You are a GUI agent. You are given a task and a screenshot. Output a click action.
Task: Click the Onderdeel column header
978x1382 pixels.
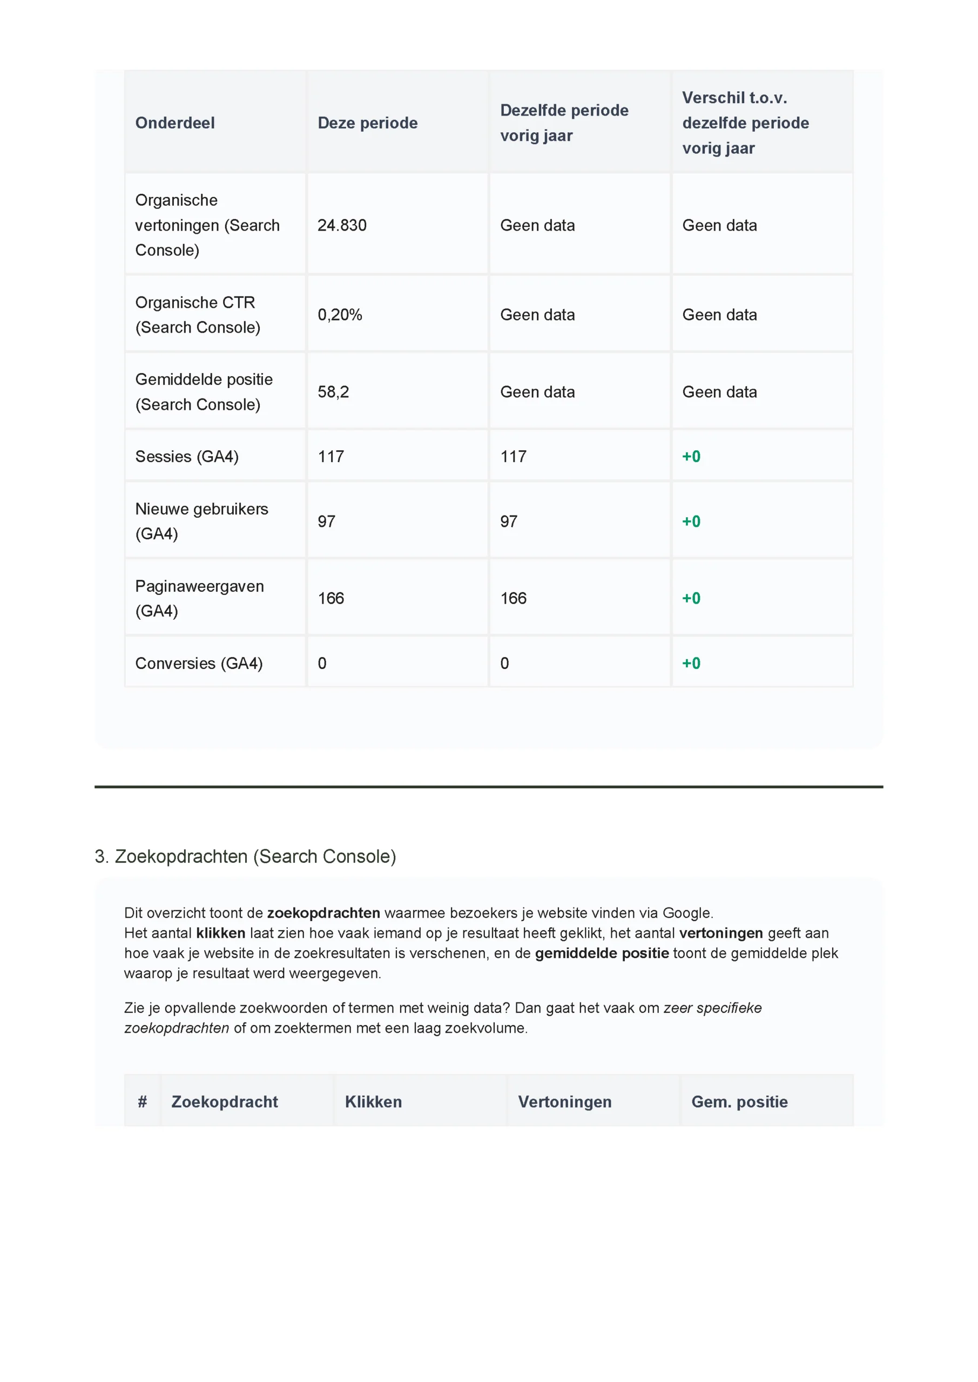pos(174,123)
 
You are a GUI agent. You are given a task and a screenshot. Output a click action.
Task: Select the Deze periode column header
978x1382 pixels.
pos(367,123)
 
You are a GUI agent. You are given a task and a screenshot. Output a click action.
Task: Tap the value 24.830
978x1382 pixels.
pos(342,225)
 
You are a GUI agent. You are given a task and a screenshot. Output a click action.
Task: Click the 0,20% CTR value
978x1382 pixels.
pos(340,315)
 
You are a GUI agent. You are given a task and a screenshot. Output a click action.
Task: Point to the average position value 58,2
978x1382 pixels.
pos(333,392)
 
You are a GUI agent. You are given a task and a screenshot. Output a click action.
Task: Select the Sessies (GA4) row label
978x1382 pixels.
pos(187,456)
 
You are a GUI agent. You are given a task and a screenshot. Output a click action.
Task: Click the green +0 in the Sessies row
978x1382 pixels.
pos(691,456)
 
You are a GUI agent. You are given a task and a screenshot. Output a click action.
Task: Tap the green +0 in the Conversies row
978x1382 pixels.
pos(691,663)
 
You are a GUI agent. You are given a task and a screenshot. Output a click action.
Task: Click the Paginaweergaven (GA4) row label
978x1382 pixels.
pos(199,598)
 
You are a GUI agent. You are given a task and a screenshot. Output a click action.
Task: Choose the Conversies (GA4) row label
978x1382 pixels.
pos(199,663)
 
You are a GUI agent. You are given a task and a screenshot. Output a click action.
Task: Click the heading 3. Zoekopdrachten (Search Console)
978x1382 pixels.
pos(245,857)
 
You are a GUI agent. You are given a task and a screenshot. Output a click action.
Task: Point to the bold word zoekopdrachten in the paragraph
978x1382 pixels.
pos(323,913)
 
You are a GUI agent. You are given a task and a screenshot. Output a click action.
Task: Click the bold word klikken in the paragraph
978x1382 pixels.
pos(220,933)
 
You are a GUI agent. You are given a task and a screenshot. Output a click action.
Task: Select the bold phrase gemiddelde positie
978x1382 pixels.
pos(602,953)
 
